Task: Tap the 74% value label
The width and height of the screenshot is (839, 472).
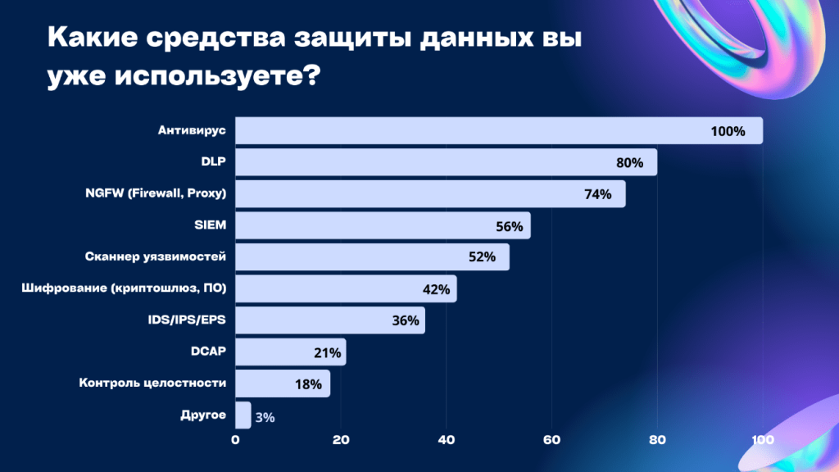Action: coord(597,194)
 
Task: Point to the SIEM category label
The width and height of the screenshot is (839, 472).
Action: coord(210,225)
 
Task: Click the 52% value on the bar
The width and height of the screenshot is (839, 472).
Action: coord(482,257)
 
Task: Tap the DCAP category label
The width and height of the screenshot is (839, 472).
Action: coord(208,352)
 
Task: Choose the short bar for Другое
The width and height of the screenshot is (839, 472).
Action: coord(243,415)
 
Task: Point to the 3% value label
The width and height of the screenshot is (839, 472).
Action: coord(265,417)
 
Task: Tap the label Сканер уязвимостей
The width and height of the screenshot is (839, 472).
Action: coord(156,257)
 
